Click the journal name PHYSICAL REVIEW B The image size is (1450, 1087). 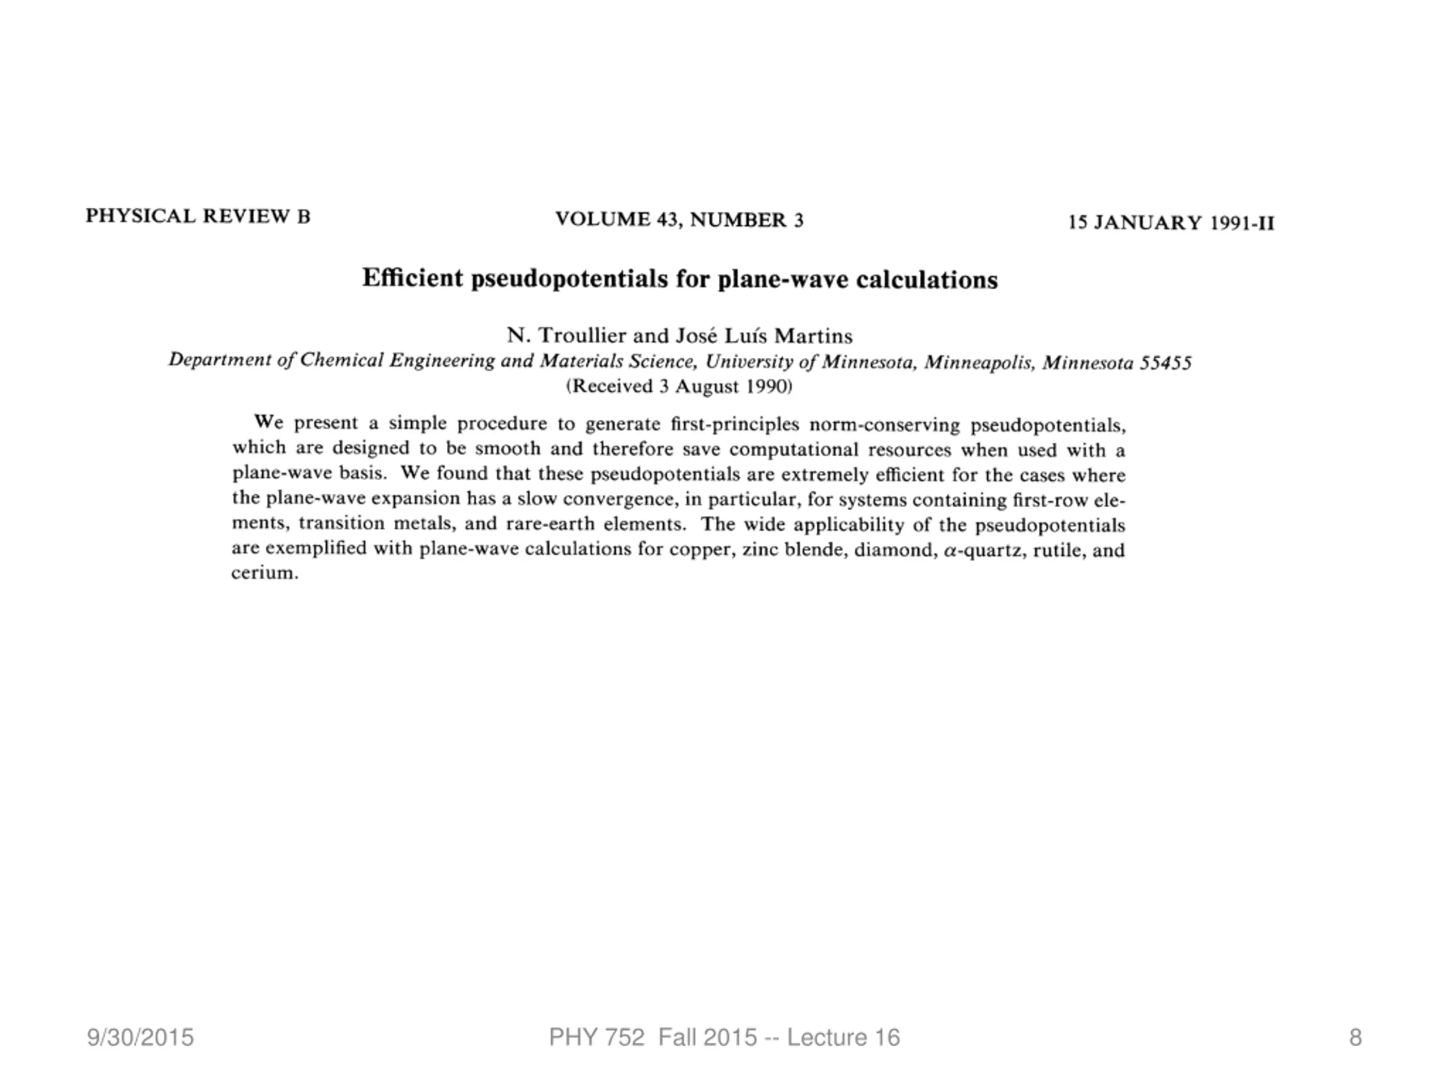tap(198, 216)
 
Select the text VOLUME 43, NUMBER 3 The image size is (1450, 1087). tap(679, 220)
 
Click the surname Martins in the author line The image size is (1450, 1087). tap(813, 336)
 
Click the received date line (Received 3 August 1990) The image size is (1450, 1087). tap(679, 387)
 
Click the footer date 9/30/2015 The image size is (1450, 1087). tap(140, 1038)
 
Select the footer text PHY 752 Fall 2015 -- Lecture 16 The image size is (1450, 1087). tap(724, 1038)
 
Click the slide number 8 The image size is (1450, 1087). tap(1355, 1038)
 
